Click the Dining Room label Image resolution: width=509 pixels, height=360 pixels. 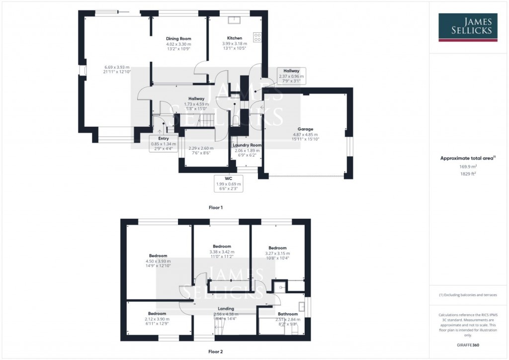(x=178, y=39)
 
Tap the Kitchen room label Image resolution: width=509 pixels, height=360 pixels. (x=235, y=38)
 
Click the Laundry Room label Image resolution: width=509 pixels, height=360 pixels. (x=248, y=145)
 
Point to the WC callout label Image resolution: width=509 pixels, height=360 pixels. (x=229, y=178)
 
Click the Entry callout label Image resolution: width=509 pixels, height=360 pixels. (x=164, y=139)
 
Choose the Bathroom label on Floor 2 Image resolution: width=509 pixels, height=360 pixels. (x=288, y=314)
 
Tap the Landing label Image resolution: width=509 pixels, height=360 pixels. (x=226, y=309)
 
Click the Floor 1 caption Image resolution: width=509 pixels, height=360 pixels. (x=215, y=207)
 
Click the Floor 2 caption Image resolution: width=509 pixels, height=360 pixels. (x=215, y=351)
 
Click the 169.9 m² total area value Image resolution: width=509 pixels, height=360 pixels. (x=468, y=168)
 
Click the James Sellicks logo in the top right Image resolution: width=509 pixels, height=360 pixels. (x=468, y=27)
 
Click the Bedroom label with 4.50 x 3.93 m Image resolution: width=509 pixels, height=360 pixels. (x=159, y=256)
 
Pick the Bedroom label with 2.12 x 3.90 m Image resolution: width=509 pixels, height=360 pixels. (x=157, y=314)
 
